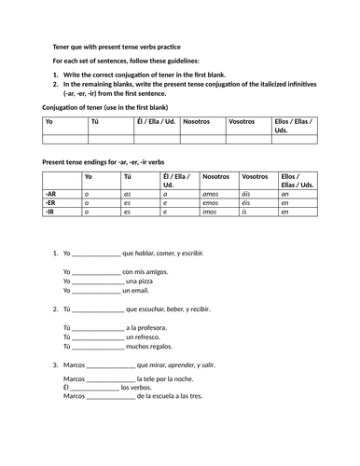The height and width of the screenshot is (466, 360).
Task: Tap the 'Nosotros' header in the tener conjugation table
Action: pos(197,122)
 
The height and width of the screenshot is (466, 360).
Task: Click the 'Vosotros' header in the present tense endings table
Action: pos(254,176)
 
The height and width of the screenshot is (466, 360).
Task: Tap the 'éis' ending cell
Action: pos(247,202)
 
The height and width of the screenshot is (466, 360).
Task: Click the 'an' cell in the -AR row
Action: pos(284,192)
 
